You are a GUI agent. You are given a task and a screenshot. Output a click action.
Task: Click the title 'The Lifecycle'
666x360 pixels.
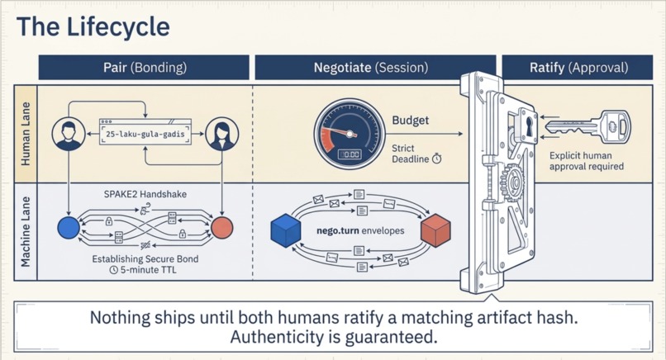coord(93,26)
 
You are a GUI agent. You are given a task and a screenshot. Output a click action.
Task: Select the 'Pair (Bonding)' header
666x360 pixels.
coord(144,67)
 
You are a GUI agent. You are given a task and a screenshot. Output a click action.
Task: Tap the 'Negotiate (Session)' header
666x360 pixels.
coord(371,67)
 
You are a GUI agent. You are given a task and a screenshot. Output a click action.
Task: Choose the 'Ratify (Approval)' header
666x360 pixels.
coord(578,67)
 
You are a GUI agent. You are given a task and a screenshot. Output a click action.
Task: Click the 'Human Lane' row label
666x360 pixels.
coord(26,134)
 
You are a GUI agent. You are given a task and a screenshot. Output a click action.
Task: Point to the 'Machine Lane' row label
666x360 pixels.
coord(26,232)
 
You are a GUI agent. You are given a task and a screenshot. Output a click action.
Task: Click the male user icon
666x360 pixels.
coord(69,134)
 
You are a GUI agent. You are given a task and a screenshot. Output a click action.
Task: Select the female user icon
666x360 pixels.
coord(221,134)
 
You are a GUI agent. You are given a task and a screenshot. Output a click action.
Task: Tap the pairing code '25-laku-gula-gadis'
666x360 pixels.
coord(145,134)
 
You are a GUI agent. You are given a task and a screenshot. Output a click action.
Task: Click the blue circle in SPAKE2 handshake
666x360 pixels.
coord(69,228)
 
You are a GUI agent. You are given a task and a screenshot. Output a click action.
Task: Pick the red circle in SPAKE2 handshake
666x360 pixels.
coord(222,228)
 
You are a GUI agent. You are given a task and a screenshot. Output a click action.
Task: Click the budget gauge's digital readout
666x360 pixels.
coord(350,154)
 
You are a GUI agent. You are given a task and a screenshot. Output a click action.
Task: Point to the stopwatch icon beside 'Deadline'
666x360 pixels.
coord(436,159)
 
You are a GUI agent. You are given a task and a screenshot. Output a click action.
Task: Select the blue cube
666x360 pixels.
coord(285,230)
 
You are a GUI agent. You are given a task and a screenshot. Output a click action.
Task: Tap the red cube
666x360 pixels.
coord(435,230)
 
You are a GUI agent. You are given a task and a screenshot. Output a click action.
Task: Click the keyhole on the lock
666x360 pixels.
coord(530,126)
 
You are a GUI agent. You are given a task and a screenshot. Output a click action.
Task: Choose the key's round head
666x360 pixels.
coord(615,126)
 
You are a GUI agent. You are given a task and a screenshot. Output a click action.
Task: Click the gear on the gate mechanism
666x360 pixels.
coord(512,183)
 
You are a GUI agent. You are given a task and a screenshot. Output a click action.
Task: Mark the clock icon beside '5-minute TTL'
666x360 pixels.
coord(113,270)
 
